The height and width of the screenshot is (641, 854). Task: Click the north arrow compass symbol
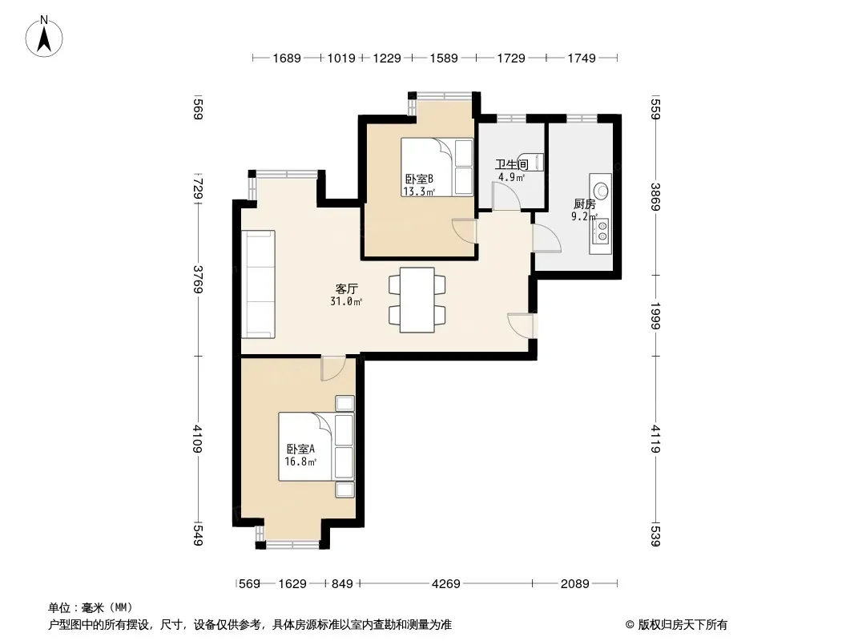[44, 37]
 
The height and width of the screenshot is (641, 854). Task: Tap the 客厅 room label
[346, 288]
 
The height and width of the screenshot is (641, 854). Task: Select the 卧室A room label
[300, 450]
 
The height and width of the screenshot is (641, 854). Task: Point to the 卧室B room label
[419, 179]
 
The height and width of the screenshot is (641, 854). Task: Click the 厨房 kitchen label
[584, 204]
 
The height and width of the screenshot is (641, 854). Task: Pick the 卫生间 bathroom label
[511, 164]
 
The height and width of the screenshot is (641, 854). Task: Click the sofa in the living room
[258, 284]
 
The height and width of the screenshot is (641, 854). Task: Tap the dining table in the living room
[417, 300]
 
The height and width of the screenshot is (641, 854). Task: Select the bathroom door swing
[506, 196]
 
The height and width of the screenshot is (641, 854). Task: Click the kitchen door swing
[547, 238]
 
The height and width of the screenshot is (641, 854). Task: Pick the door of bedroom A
[332, 369]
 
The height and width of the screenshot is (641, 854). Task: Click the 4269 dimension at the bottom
[446, 584]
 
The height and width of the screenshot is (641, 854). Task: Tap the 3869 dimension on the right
[655, 197]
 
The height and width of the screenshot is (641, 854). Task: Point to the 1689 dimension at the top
[287, 58]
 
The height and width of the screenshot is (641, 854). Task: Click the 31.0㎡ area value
[346, 302]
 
